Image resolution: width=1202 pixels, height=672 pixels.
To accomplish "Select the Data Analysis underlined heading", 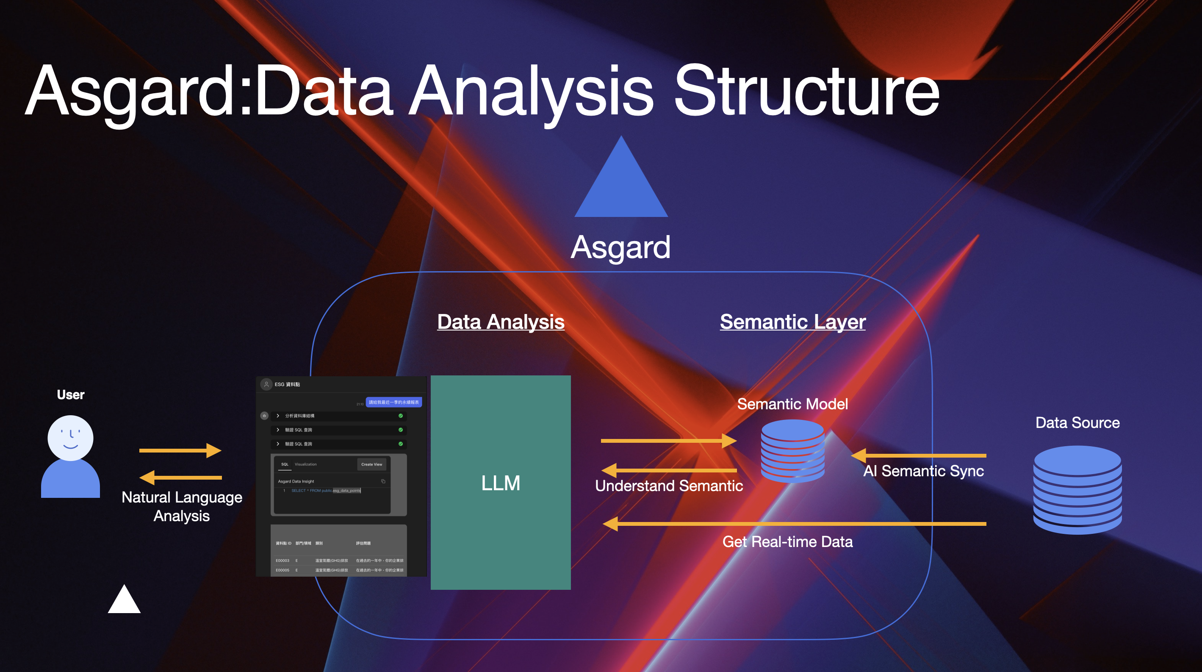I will click(x=501, y=322).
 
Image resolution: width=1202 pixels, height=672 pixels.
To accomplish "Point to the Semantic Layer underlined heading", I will click(x=792, y=322).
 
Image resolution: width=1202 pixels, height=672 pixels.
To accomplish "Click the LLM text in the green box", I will click(x=500, y=483).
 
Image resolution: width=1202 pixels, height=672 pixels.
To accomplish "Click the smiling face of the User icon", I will click(x=70, y=438).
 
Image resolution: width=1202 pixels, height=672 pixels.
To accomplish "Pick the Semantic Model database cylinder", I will click(x=792, y=451).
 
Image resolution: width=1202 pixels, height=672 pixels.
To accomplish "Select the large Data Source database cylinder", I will click(x=1077, y=490).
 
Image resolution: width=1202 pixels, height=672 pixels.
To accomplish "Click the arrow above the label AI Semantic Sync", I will click(x=918, y=455).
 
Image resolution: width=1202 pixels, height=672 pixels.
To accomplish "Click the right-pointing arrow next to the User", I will click(x=180, y=450).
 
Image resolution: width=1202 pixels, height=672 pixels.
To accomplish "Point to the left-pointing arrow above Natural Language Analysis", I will click(x=180, y=478).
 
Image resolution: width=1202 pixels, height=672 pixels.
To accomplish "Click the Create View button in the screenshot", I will click(x=371, y=464).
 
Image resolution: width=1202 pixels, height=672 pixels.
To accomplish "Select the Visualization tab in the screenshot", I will click(x=306, y=464).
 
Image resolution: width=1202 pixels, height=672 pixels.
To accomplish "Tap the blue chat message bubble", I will click(x=394, y=402).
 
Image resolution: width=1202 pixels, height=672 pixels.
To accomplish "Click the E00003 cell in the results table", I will click(x=282, y=561).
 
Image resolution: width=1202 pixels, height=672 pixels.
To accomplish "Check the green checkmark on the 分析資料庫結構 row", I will click(x=400, y=416).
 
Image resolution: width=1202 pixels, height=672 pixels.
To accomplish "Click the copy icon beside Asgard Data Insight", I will click(x=383, y=481).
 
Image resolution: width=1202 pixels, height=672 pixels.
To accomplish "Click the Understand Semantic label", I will click(x=669, y=486).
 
